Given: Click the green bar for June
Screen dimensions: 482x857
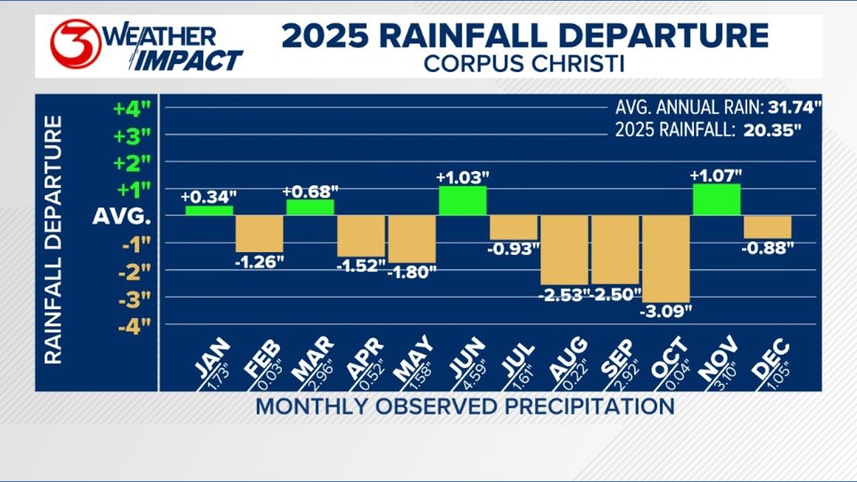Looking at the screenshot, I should [x=462, y=201].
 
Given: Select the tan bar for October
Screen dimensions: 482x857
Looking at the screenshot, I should [x=665, y=259].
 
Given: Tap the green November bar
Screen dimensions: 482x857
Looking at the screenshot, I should [x=716, y=199].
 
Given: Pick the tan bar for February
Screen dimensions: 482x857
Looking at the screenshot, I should [x=259, y=233].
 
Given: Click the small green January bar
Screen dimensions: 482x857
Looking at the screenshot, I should [x=209, y=211].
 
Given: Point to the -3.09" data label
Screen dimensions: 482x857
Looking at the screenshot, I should [x=665, y=310].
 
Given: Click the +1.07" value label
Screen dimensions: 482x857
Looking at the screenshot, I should [x=716, y=176].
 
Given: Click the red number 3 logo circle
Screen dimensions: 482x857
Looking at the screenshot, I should [x=75, y=44].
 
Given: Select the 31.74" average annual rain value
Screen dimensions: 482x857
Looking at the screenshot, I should [x=782, y=106].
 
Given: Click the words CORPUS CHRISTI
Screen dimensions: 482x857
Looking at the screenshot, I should [x=523, y=62].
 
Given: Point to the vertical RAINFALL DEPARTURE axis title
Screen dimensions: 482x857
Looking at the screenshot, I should [x=53, y=240].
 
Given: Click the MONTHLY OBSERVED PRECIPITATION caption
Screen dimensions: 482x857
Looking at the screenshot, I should [x=465, y=407].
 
